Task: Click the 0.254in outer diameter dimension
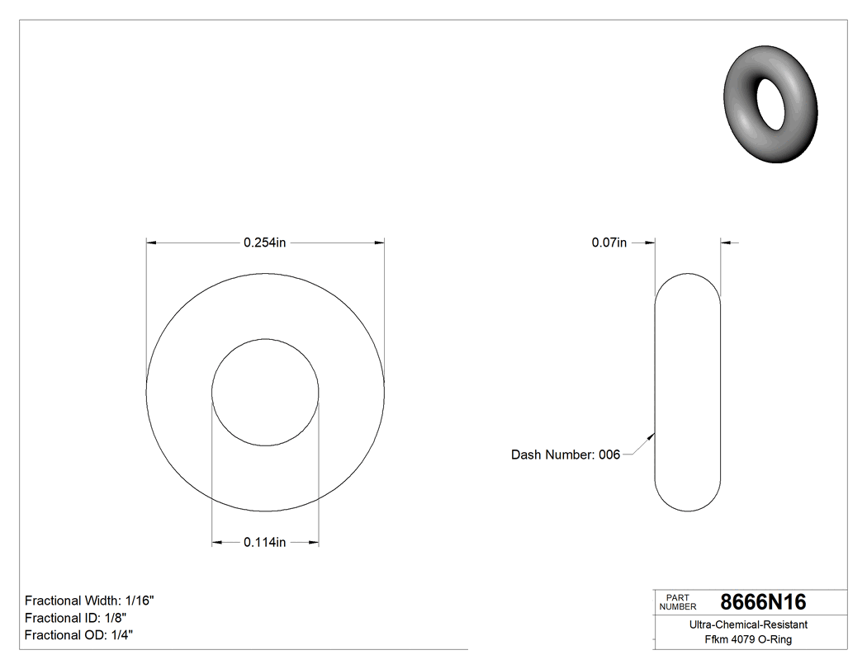(x=264, y=243)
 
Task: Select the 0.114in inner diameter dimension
(x=264, y=542)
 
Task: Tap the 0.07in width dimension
(x=609, y=243)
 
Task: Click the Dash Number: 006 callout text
(x=565, y=455)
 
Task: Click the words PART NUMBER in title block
(x=678, y=602)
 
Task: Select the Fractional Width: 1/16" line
(x=89, y=601)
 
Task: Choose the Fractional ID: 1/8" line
(x=75, y=618)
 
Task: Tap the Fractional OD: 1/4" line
(x=78, y=634)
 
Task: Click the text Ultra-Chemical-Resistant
(x=748, y=624)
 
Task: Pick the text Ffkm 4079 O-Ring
(x=748, y=639)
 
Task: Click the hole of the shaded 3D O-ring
(x=772, y=105)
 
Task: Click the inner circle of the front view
(x=265, y=391)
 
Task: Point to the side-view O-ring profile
(x=687, y=392)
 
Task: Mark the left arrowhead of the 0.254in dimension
(x=151, y=243)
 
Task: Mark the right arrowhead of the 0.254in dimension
(x=380, y=243)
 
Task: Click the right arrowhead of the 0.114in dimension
(x=314, y=542)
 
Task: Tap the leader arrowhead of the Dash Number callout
(x=652, y=436)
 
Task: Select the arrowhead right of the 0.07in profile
(x=726, y=243)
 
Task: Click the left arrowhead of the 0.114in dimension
(x=217, y=542)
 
